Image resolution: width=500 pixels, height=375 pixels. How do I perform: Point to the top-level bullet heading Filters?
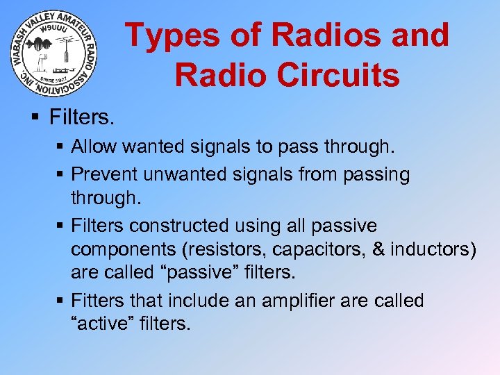pyautogui.click(x=81, y=117)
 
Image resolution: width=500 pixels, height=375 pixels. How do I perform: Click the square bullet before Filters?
pyautogui.click(x=36, y=117)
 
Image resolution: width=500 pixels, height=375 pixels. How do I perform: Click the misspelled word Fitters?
pyautogui.click(x=96, y=301)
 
